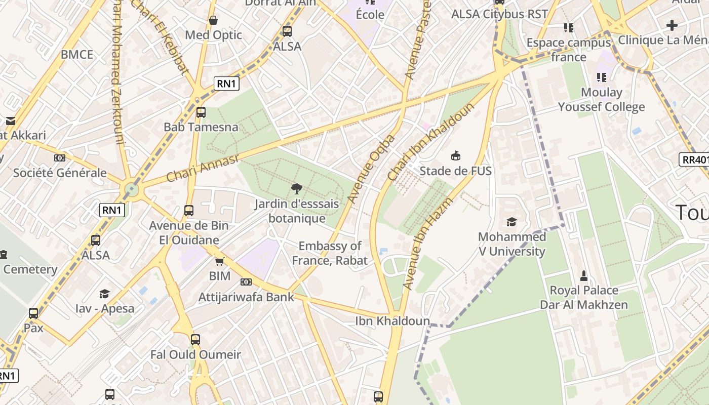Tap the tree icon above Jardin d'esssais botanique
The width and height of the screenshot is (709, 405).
point(297,189)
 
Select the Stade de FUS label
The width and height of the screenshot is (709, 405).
point(455,171)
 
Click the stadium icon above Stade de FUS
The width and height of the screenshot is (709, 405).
point(456,155)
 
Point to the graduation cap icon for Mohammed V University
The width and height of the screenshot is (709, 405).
point(511,222)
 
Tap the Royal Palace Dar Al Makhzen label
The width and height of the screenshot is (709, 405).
point(584,297)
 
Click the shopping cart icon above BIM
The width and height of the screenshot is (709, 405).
point(219,261)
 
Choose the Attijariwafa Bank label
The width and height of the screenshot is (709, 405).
point(246,297)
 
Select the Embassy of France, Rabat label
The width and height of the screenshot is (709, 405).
point(330,253)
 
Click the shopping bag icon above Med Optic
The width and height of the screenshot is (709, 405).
point(213,20)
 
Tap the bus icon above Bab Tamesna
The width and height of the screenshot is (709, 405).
point(201,112)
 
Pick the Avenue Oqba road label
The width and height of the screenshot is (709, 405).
point(371,169)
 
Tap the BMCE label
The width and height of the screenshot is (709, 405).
point(77,55)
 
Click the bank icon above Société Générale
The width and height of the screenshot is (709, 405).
point(60,158)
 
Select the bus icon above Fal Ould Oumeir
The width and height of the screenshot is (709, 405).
point(195,340)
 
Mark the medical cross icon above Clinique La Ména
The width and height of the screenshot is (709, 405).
point(672,25)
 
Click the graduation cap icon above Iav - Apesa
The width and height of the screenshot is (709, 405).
point(105,294)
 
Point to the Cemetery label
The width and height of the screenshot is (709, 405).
point(30,269)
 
